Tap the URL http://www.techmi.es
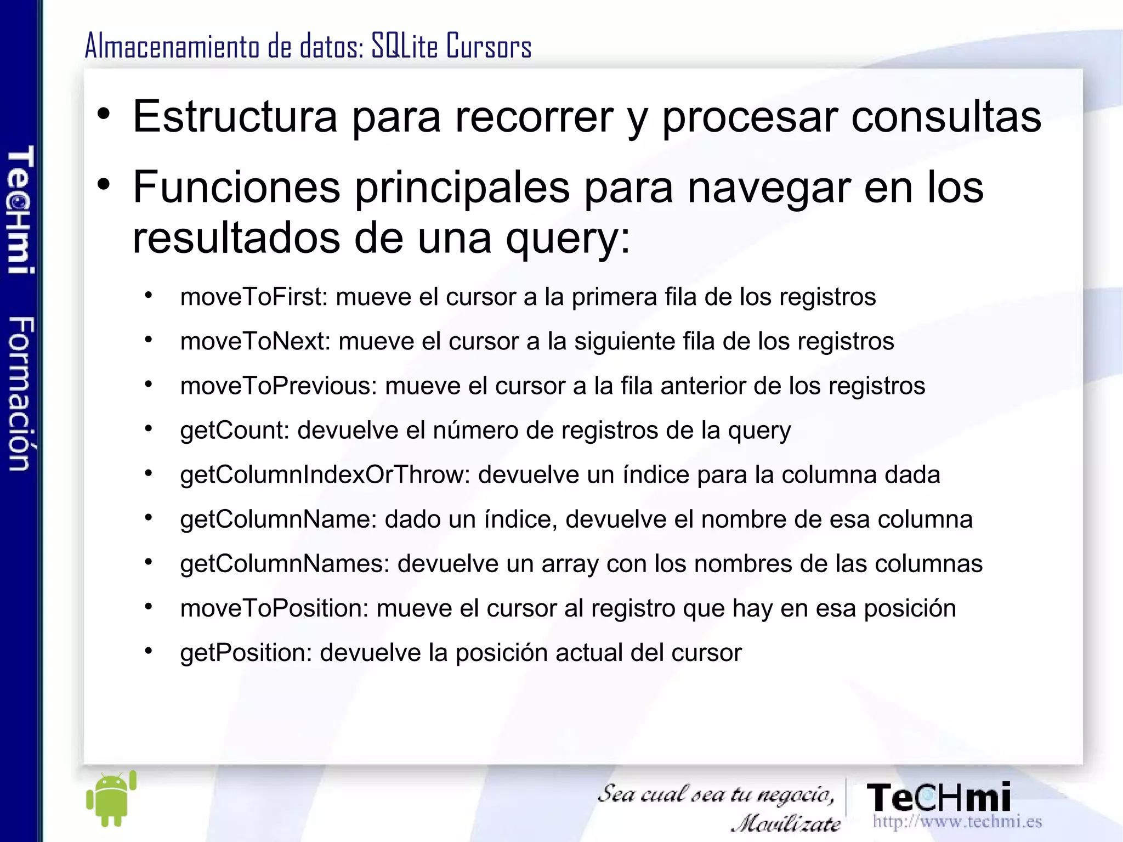pyautogui.click(x=957, y=822)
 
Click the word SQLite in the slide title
pyautogui.click(x=405, y=46)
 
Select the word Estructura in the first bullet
pyautogui.click(x=235, y=116)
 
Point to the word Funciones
pyautogui.click(x=236, y=188)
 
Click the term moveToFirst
pyautogui.click(x=253, y=297)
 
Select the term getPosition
pyautogui.click(x=246, y=653)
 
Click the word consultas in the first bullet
pyautogui.click(x=946, y=116)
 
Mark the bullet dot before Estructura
pyautogui.click(x=104, y=115)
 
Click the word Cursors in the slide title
pyautogui.click(x=489, y=46)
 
